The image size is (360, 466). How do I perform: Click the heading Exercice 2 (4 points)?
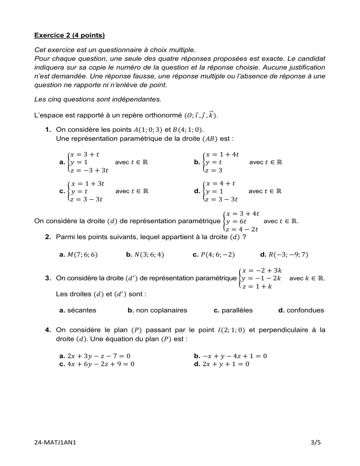tap(69, 35)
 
